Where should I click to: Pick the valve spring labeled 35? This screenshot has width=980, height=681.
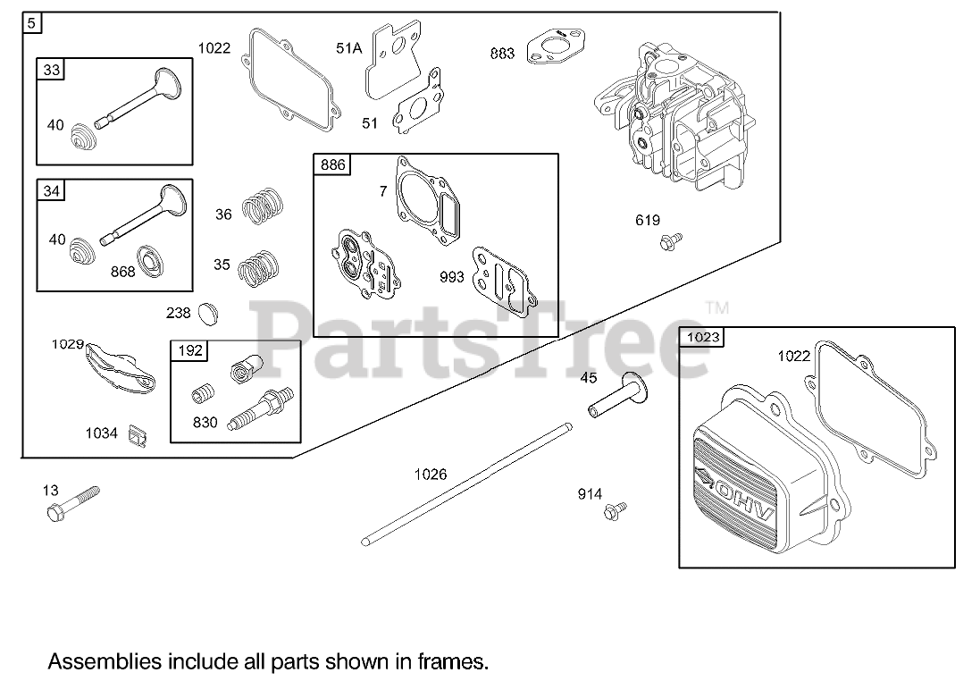(260, 266)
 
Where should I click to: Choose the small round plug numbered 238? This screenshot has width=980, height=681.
(210, 314)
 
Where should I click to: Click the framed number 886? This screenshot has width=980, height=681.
(332, 164)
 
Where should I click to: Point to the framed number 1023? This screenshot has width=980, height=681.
(701, 338)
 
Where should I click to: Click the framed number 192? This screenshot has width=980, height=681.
(189, 350)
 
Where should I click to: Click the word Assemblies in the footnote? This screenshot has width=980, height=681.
(105, 662)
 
